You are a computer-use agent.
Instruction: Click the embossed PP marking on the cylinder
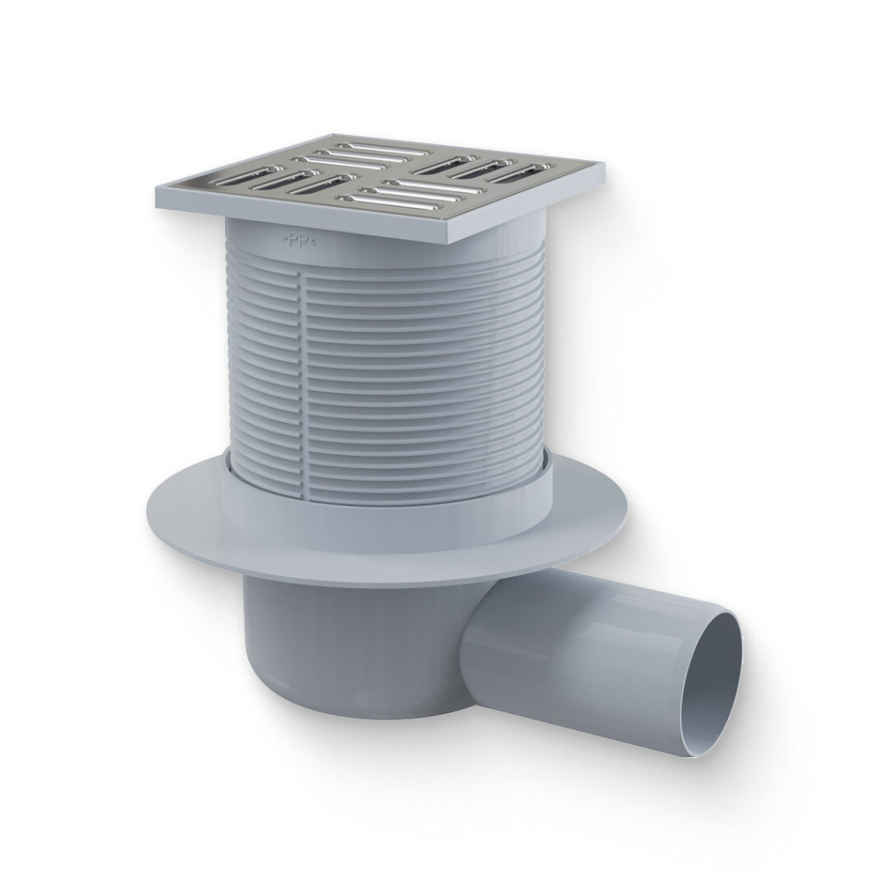click(x=298, y=241)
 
